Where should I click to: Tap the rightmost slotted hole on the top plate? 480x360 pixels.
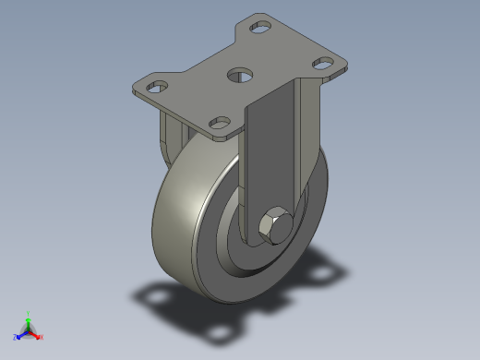pyautogui.click(x=323, y=63)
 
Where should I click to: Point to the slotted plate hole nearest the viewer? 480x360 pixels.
pyautogui.click(x=220, y=120)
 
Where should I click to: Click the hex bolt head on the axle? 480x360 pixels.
pyautogui.click(x=274, y=225)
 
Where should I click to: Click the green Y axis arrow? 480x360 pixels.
pyautogui.click(x=29, y=319)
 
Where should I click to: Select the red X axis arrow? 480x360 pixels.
pyautogui.click(x=36, y=334)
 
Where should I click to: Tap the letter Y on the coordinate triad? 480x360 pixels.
pyautogui.click(x=29, y=313)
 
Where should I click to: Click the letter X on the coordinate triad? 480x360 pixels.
pyautogui.click(x=42, y=338)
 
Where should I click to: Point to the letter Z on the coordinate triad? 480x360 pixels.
pyautogui.click(x=16, y=338)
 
